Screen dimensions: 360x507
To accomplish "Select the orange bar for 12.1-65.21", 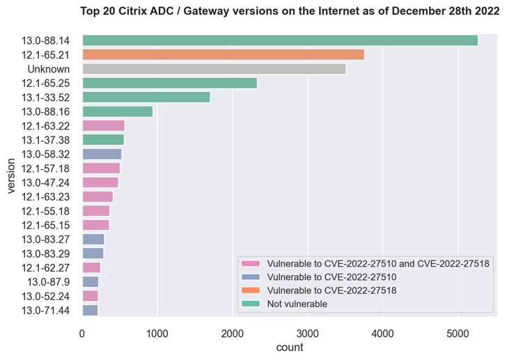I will (x=223, y=55).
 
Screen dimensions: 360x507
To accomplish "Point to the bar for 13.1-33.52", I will (x=146, y=97).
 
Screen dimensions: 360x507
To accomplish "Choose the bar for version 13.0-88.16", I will (x=117, y=111).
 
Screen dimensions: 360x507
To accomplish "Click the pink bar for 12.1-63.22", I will (x=103, y=125).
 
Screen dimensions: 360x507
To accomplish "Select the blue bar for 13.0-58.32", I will (x=102, y=154).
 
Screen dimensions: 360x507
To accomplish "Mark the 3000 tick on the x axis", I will (x=308, y=334).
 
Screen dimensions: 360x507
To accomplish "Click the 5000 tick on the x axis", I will (x=458, y=334).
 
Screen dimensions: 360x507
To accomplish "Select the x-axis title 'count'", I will (x=288, y=347).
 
